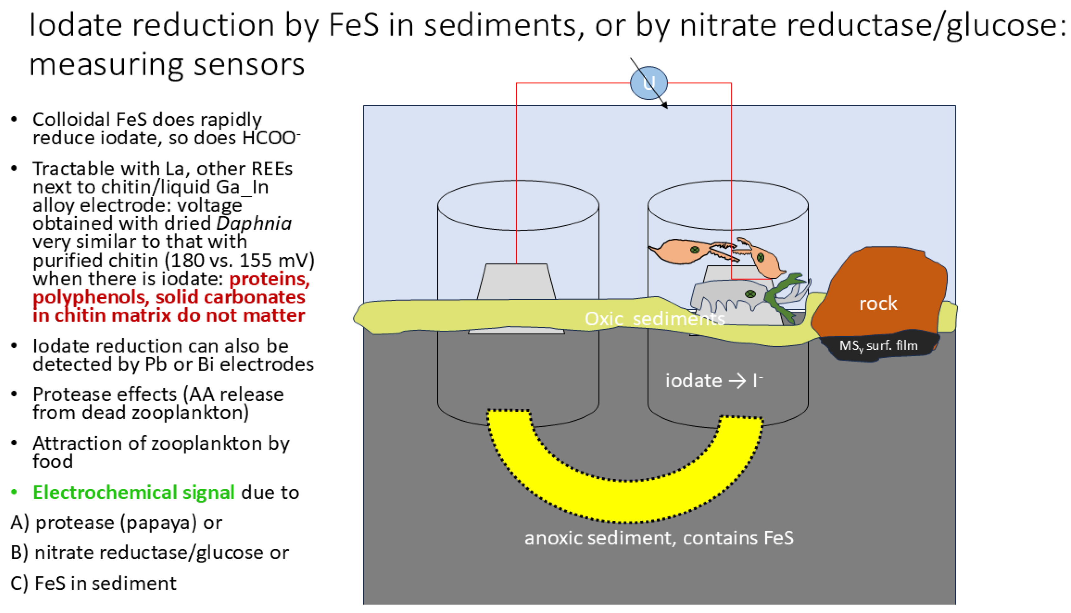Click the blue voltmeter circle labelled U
point(648,83)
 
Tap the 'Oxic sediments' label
point(655,319)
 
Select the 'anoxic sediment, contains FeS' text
point(659,538)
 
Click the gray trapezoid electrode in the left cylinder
point(517,282)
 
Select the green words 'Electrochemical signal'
point(133,493)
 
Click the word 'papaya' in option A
point(158,523)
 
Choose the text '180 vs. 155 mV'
point(239,261)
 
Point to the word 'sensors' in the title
point(248,65)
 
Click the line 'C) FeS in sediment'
point(93,583)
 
